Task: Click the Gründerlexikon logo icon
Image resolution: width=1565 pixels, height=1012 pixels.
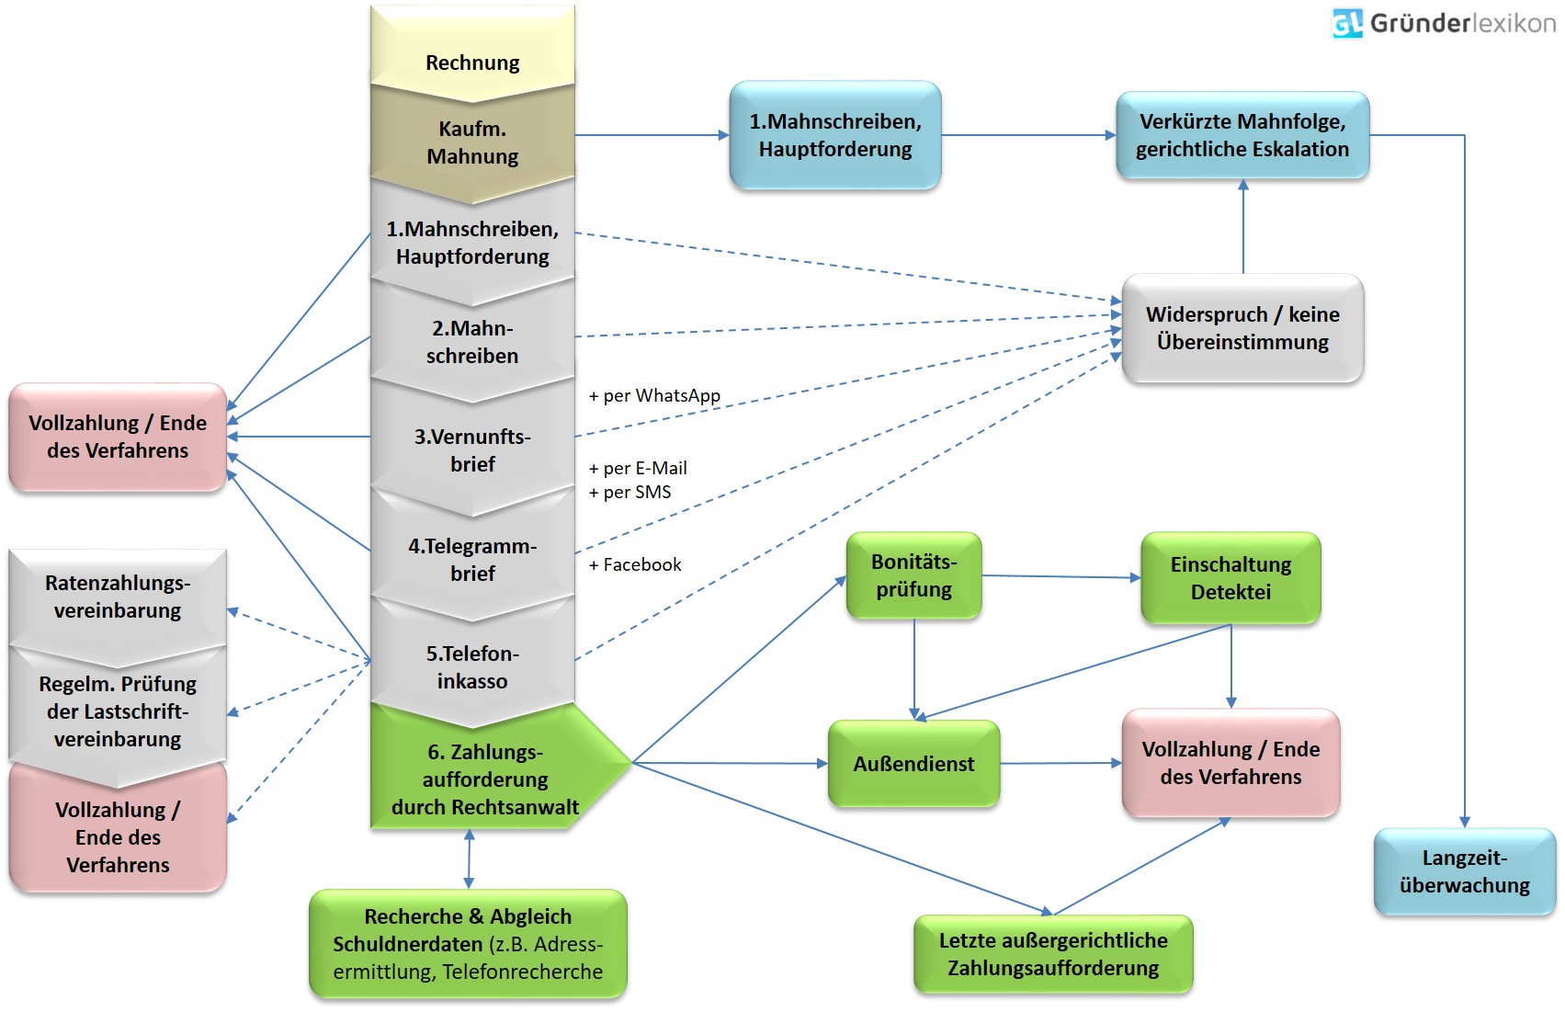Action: tap(1347, 23)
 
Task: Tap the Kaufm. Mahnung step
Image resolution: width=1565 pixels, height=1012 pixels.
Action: tap(472, 142)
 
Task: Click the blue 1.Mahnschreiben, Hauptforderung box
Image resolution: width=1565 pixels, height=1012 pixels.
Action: tap(834, 135)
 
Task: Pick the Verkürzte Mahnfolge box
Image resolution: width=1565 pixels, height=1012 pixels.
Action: tap(1242, 135)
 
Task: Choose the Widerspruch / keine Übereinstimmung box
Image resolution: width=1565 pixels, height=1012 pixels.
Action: tap(1242, 328)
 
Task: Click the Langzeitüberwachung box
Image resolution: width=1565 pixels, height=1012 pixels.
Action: tap(1464, 871)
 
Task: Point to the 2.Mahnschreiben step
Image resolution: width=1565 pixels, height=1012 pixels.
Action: tap(472, 342)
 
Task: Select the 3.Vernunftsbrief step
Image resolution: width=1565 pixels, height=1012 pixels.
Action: tap(472, 449)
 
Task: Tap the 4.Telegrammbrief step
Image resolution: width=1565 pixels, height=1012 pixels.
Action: tap(472, 559)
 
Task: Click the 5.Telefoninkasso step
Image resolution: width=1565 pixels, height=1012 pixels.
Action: tap(472, 666)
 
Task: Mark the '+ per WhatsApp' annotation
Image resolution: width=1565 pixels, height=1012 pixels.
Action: tap(654, 395)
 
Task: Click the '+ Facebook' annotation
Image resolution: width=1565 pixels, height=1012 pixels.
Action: tap(635, 564)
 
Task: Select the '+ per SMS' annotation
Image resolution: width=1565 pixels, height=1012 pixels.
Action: tap(630, 492)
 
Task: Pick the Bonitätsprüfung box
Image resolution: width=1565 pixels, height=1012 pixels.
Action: tap(913, 575)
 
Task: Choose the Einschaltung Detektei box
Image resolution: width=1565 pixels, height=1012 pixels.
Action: tap(1230, 577)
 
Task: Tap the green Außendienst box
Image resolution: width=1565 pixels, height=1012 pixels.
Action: tap(913, 764)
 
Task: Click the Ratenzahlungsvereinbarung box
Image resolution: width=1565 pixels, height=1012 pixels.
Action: tap(118, 597)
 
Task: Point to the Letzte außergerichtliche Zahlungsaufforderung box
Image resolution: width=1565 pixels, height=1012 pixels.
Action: tap(1053, 954)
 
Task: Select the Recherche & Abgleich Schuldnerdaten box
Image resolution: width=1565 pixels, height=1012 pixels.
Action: tap(468, 943)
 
